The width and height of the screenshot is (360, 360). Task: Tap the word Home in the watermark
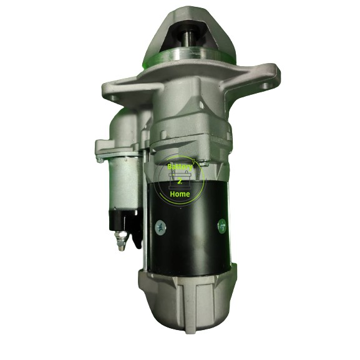tap(182, 194)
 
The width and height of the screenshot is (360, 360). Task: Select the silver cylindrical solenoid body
tap(122, 181)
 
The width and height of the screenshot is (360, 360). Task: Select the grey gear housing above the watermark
tap(187, 125)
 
